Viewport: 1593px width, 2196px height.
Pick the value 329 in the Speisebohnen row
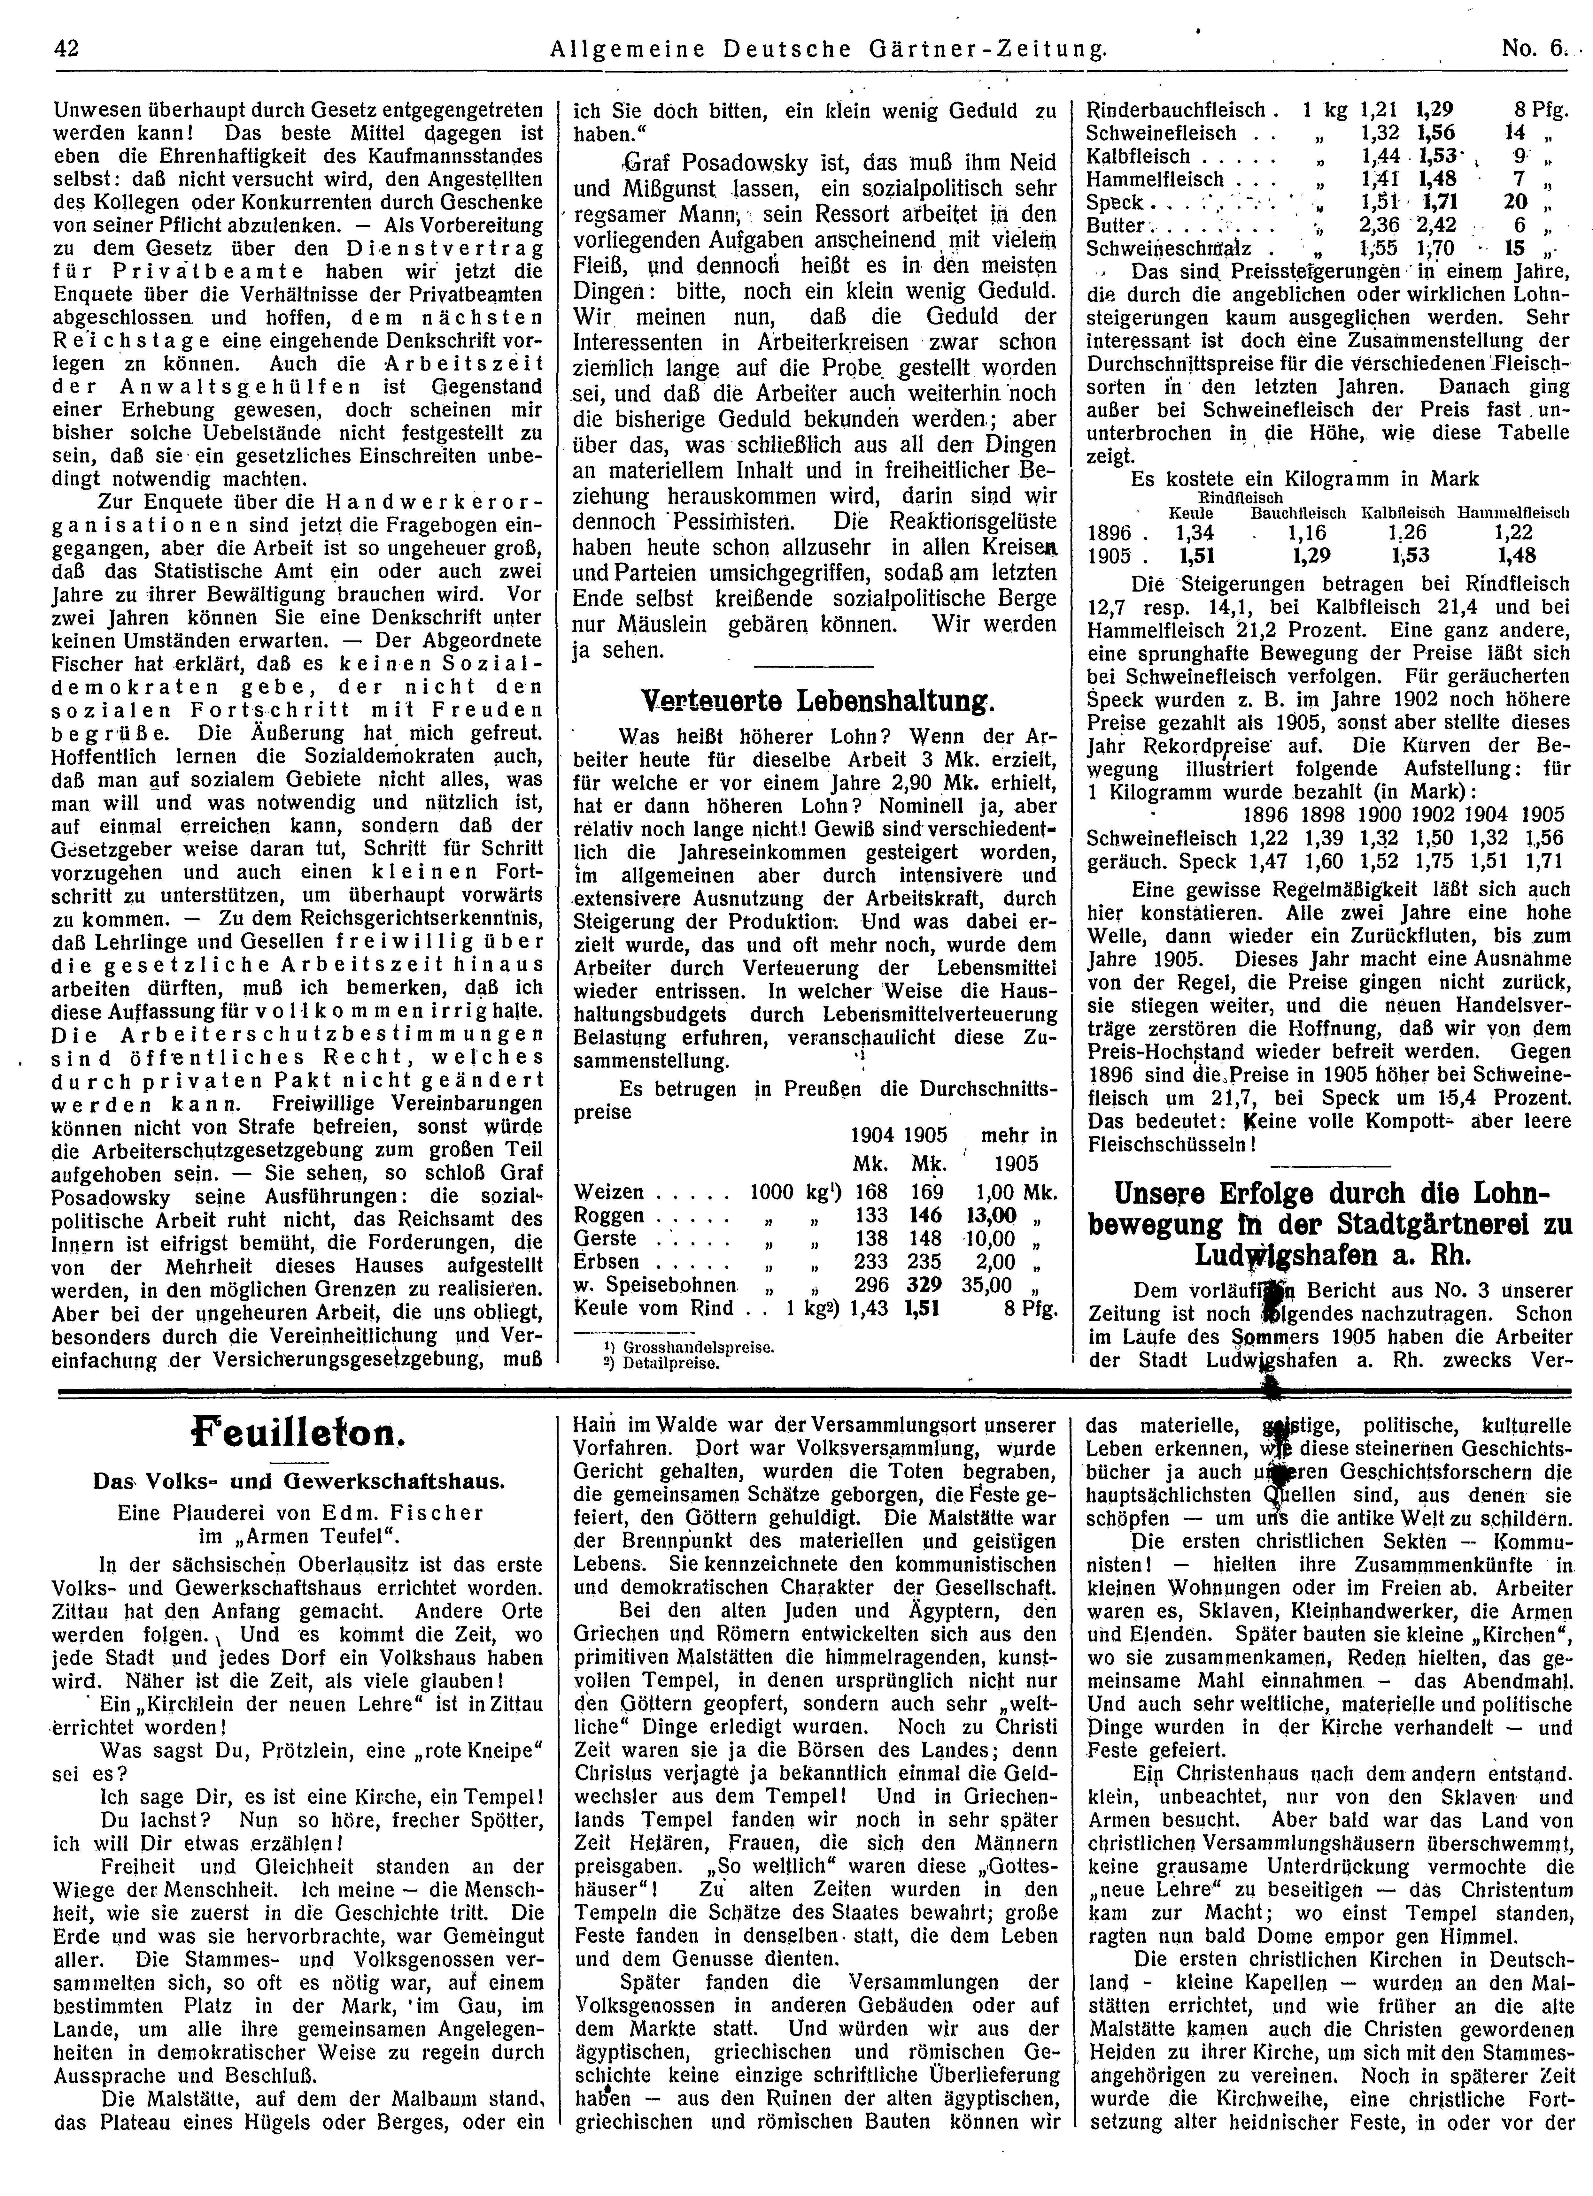[x=924, y=1285]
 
